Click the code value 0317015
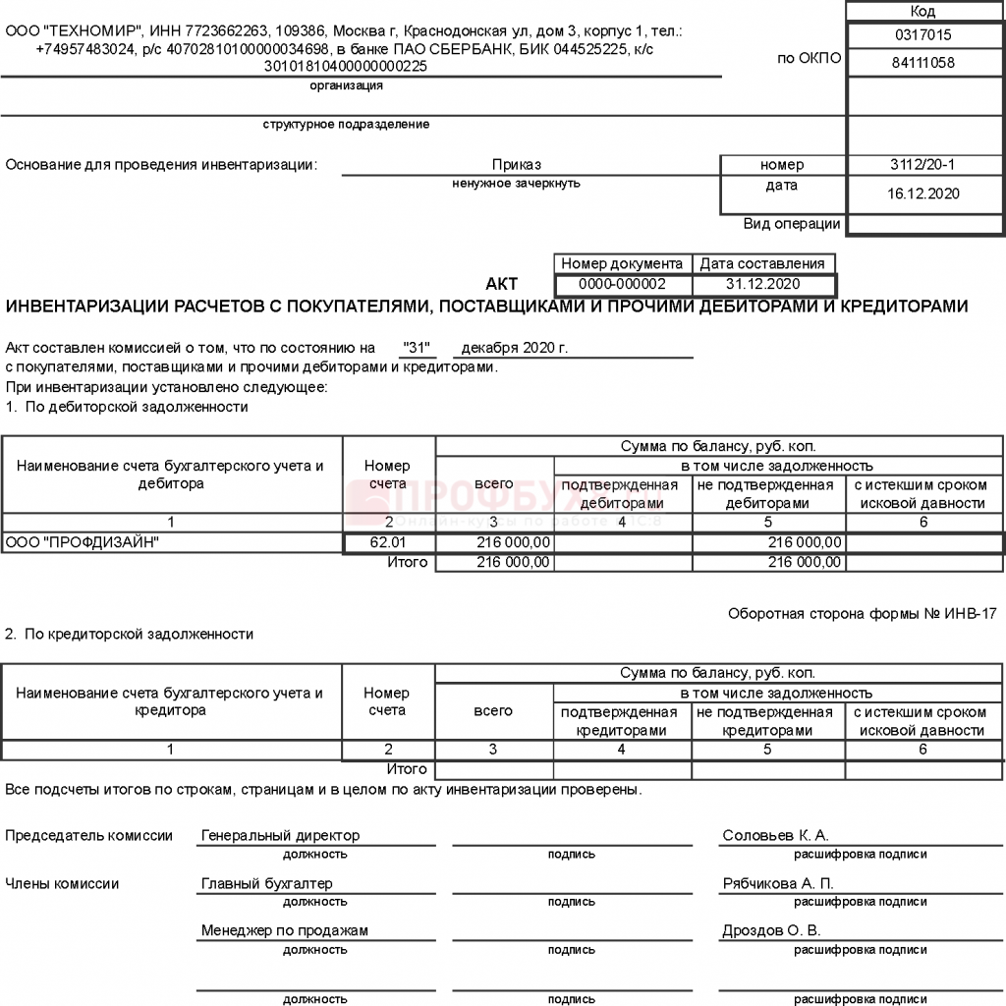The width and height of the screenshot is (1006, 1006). pyautogui.click(x=923, y=34)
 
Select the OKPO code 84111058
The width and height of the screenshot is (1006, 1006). pyautogui.click(x=923, y=63)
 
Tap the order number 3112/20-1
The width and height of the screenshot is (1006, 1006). pyautogui.click(x=922, y=165)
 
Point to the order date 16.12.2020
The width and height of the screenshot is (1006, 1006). pyautogui.click(x=922, y=194)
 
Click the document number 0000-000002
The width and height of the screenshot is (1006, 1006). pyautogui.click(x=623, y=284)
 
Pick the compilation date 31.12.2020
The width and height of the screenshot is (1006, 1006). pyautogui.click(x=763, y=284)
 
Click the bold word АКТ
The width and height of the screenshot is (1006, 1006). pyautogui.click(x=501, y=285)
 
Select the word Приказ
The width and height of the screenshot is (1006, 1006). pyautogui.click(x=517, y=165)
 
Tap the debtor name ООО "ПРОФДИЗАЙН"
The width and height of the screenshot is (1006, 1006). pyautogui.click(x=83, y=542)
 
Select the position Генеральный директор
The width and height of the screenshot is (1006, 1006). pyautogui.click(x=280, y=836)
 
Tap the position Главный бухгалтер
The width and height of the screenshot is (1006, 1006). pyautogui.click(x=267, y=883)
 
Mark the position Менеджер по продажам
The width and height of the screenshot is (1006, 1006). pyautogui.click(x=284, y=930)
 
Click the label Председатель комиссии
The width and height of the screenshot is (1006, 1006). pyautogui.click(x=88, y=836)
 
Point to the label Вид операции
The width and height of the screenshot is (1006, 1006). pyautogui.click(x=792, y=224)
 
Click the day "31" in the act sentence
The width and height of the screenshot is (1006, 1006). pyautogui.click(x=419, y=348)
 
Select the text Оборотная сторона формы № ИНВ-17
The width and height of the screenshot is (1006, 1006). pyautogui.click(x=862, y=613)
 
